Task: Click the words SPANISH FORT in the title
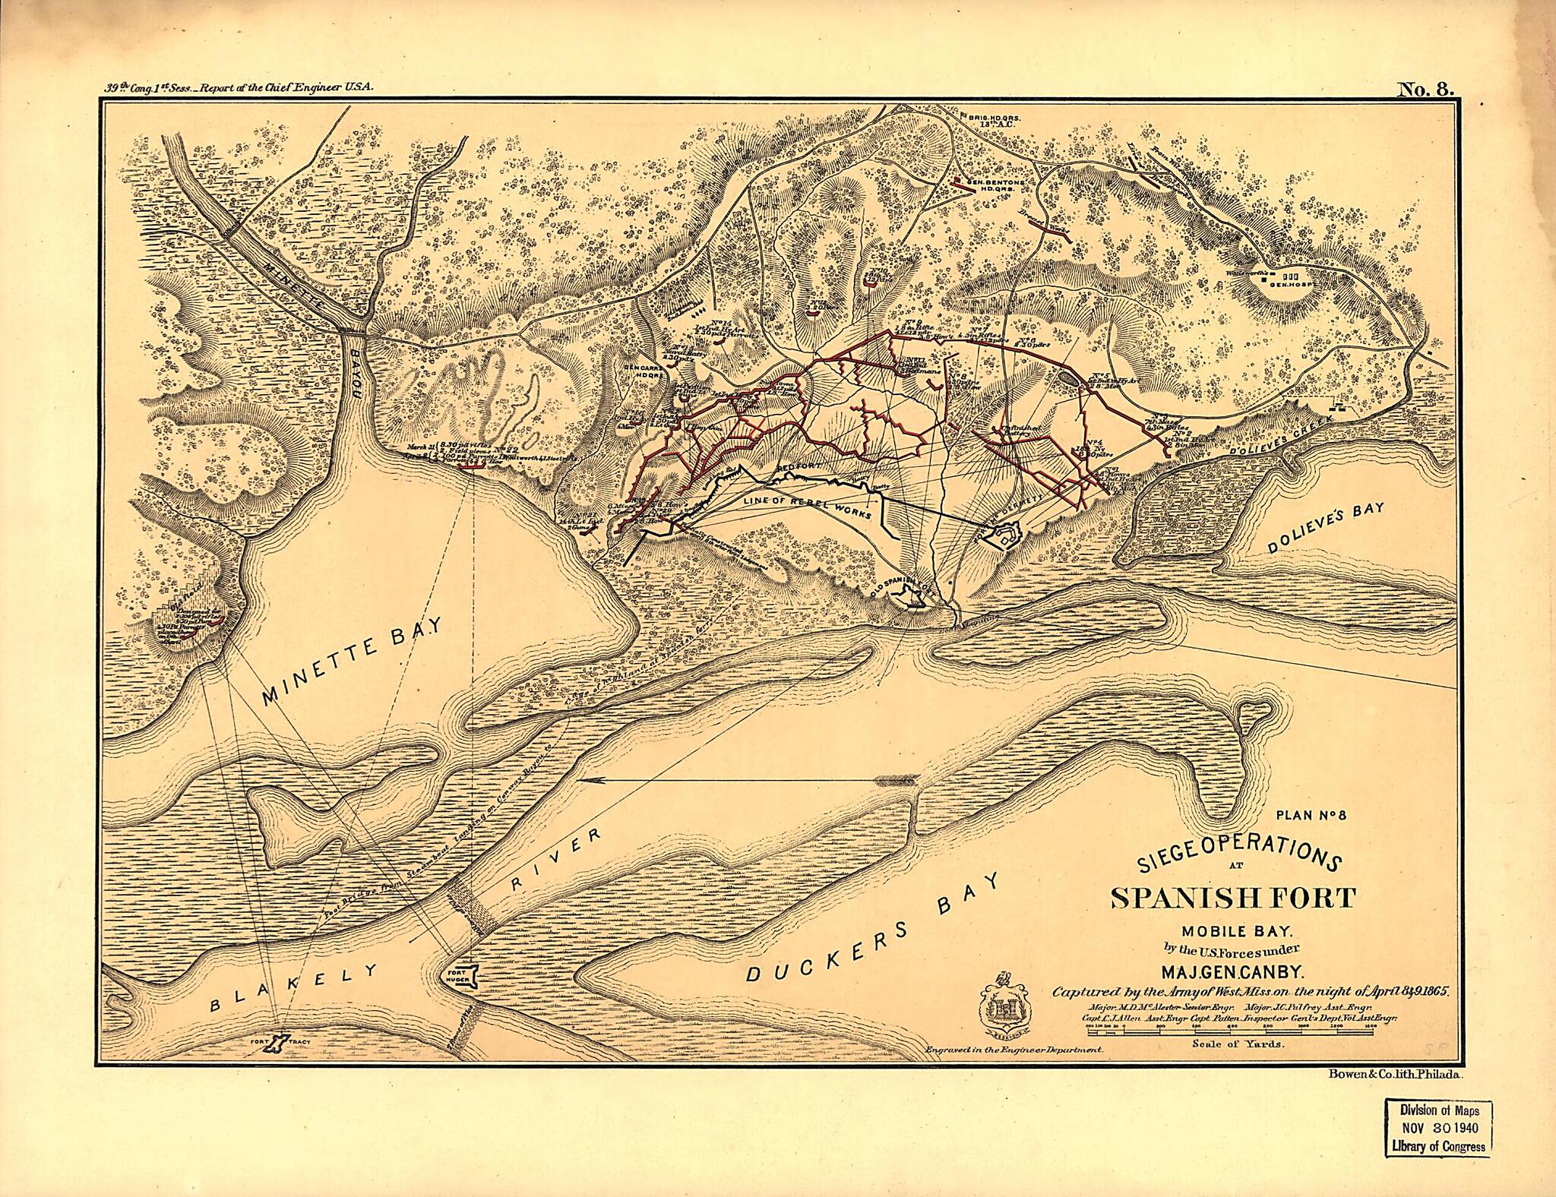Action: tap(1232, 898)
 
